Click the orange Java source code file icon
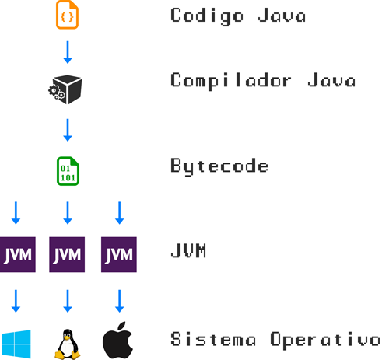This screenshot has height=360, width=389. tap(67, 15)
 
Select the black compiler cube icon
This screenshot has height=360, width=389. tap(65, 89)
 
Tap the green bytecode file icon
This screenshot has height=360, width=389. tap(68, 171)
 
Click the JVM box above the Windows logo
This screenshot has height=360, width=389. tap(18, 254)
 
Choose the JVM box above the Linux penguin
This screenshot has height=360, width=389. tap(67, 254)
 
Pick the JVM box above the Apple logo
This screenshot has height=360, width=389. tap(119, 254)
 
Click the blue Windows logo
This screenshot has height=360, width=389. tap(16, 344)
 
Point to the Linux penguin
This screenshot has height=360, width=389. tap(68, 344)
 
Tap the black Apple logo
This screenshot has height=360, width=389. tap(118, 341)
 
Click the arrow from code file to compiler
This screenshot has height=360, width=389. tap(68, 52)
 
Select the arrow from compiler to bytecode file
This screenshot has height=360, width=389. tap(68, 130)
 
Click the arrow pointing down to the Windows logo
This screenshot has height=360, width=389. tap(16, 301)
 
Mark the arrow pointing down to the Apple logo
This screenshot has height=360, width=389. tap(120, 301)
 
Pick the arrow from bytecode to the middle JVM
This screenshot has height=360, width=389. tap(68, 213)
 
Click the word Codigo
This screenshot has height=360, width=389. tap(207, 16)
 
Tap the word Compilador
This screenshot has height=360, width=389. tap(231, 81)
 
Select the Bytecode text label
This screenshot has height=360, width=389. tap(219, 166)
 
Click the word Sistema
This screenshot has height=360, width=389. tap(213, 339)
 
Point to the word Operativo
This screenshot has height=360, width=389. tap(325, 341)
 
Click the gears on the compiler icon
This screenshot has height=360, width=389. tap(57, 93)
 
